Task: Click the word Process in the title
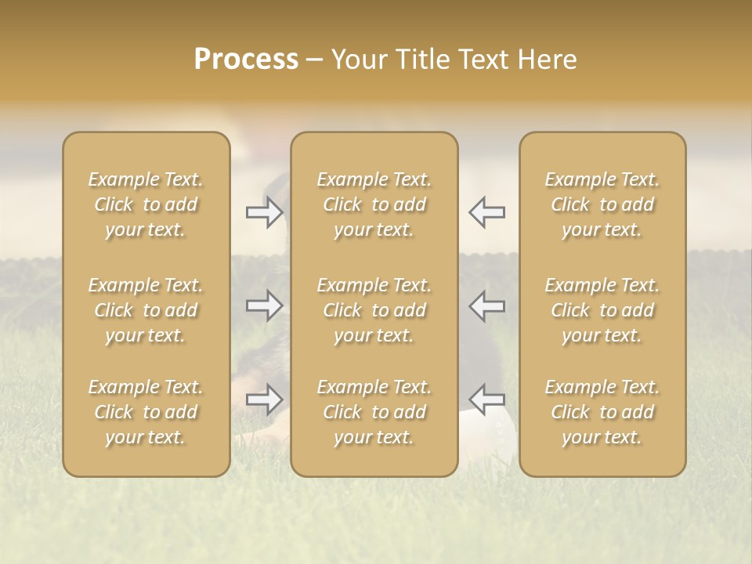(x=246, y=60)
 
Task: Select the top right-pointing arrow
(x=264, y=212)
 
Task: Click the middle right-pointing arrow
(x=264, y=305)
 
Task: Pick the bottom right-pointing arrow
(x=264, y=399)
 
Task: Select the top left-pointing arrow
(x=486, y=212)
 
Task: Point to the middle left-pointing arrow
(x=486, y=305)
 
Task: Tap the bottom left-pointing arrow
(x=486, y=399)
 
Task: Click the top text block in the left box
(x=146, y=204)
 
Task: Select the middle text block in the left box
(x=146, y=310)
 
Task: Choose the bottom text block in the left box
(x=146, y=412)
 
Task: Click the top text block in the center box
(x=374, y=204)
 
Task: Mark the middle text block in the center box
(x=374, y=310)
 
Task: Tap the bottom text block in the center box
(x=374, y=412)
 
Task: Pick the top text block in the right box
(x=602, y=204)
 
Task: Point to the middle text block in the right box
(x=602, y=310)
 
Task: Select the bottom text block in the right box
(x=602, y=412)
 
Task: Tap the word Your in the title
(x=356, y=60)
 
